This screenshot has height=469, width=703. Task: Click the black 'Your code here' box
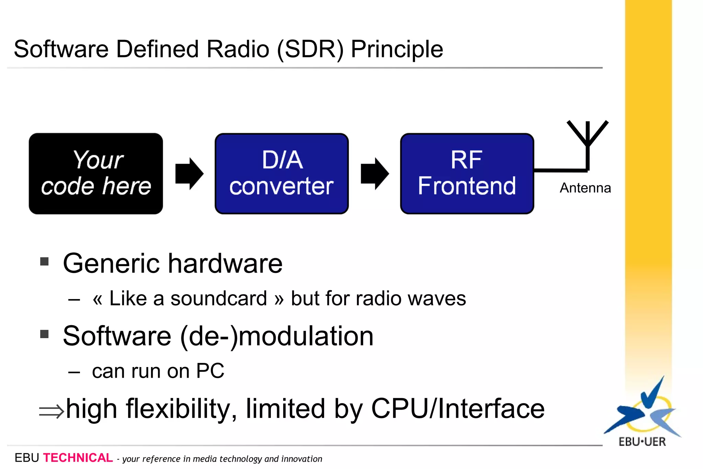96,174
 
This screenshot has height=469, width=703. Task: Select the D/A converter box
281,174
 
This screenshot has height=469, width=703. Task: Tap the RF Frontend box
467,174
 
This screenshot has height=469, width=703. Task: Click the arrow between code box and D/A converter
189,174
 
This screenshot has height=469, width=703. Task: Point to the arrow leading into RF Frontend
374,174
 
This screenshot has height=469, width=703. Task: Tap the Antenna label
585,188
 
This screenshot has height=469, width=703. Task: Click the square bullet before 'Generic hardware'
44,262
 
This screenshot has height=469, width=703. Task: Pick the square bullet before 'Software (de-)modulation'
44,334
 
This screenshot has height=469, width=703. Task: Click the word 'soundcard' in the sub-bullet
219,298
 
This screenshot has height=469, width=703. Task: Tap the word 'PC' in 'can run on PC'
210,371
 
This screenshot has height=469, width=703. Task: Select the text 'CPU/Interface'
458,409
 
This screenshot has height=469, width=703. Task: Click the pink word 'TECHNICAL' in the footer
78,458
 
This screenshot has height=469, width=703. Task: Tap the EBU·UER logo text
642,442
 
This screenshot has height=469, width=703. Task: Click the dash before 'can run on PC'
74,372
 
